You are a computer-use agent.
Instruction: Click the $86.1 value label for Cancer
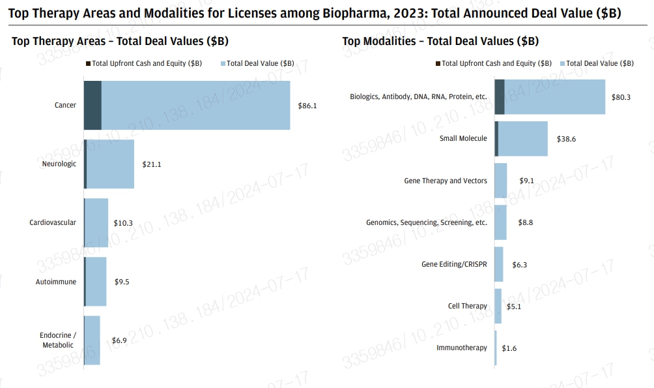307,106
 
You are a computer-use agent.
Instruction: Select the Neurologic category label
59,164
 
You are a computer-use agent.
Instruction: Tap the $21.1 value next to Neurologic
151,164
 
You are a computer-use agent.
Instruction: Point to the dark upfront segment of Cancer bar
92,106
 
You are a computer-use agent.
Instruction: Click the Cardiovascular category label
53,222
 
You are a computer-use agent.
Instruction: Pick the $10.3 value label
122,223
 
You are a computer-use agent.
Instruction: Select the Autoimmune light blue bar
96,282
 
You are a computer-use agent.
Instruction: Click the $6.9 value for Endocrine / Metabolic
119,340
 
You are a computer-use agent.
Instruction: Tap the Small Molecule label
463,138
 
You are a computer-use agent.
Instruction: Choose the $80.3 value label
621,97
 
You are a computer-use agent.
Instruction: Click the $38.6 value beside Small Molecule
567,139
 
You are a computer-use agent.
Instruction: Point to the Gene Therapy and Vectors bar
501,181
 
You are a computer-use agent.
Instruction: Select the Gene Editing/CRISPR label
454,264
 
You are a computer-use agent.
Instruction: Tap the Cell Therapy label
467,306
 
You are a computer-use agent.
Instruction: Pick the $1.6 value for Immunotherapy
509,348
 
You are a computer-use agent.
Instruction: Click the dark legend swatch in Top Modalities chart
438,63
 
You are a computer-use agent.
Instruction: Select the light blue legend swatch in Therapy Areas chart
223,63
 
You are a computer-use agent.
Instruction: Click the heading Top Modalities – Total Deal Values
440,41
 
